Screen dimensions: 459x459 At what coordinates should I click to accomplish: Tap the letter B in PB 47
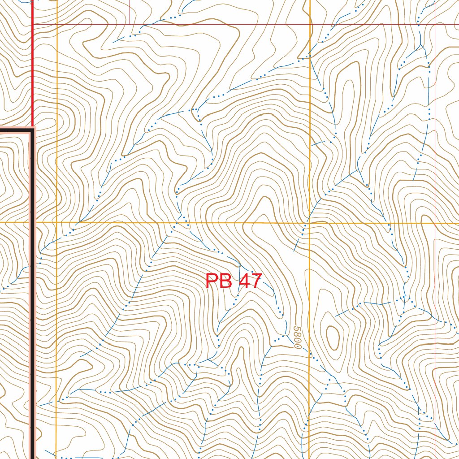pos(225,281)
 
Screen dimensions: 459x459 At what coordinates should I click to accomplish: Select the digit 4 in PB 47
pos(244,281)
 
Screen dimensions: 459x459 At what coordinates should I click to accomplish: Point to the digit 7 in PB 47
pos(255,281)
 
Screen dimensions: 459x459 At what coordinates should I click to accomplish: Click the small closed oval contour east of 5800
pos(333,337)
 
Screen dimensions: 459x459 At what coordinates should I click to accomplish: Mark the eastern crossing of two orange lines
pos(310,222)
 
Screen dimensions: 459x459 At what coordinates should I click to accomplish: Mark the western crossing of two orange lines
pos(57,222)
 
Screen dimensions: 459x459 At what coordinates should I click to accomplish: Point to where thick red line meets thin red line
pos(33,24)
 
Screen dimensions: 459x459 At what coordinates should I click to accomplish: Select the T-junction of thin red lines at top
pos(130,24)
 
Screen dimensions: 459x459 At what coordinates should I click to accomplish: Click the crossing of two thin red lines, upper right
pos(435,24)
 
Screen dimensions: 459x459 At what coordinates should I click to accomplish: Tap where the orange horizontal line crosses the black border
pos(33,222)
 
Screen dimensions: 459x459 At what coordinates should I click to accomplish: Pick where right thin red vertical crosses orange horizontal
pos(435,222)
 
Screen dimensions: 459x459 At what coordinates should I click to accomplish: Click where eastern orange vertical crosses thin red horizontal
pos(310,24)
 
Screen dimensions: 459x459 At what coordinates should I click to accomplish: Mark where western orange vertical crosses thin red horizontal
pos(57,24)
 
